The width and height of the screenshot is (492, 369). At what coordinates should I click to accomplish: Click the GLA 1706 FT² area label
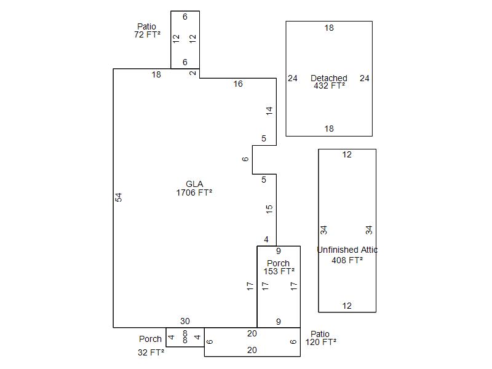click(194, 188)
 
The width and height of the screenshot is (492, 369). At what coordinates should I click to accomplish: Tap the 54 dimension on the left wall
click(119, 197)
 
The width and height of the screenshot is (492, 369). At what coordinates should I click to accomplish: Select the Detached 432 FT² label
click(329, 82)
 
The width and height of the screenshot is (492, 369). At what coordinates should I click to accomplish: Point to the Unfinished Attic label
click(347, 250)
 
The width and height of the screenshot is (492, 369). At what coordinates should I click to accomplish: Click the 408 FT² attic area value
click(347, 260)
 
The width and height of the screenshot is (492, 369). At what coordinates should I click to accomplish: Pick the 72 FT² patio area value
click(147, 35)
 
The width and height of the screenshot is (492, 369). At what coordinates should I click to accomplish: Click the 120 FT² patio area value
click(321, 342)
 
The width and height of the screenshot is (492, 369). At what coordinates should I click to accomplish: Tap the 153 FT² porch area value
click(279, 271)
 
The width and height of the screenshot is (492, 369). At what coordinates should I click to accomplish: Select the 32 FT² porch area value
click(151, 352)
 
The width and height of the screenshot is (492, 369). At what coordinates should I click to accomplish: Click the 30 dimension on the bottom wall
click(185, 321)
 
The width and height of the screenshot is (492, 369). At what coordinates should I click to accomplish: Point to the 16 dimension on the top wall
click(238, 84)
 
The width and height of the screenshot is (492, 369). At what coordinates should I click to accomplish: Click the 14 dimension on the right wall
click(269, 111)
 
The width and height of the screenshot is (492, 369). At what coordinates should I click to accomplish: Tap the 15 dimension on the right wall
click(269, 209)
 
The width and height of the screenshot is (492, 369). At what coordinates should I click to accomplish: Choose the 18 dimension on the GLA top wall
click(156, 74)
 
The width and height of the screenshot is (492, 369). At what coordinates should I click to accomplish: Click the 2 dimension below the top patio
click(192, 73)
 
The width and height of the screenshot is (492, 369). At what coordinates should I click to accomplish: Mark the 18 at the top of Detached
click(329, 28)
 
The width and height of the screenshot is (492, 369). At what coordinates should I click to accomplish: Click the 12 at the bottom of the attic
click(347, 306)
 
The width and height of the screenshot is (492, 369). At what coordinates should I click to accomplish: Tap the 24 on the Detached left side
click(293, 78)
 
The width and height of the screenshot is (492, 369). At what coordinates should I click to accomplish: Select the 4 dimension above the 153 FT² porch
click(266, 239)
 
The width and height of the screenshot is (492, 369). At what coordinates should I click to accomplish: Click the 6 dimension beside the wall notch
click(245, 159)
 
